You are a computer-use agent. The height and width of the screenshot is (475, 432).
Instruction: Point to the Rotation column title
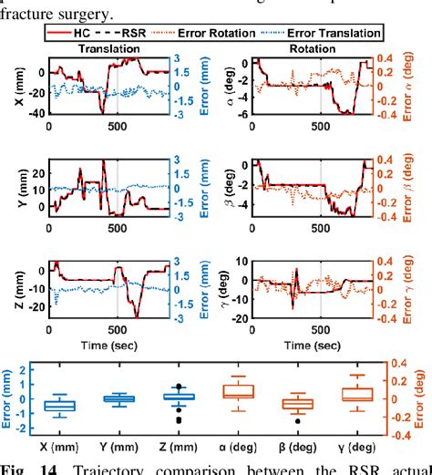(x=314, y=47)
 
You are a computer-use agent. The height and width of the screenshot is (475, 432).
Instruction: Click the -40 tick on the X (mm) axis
(x=38, y=114)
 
